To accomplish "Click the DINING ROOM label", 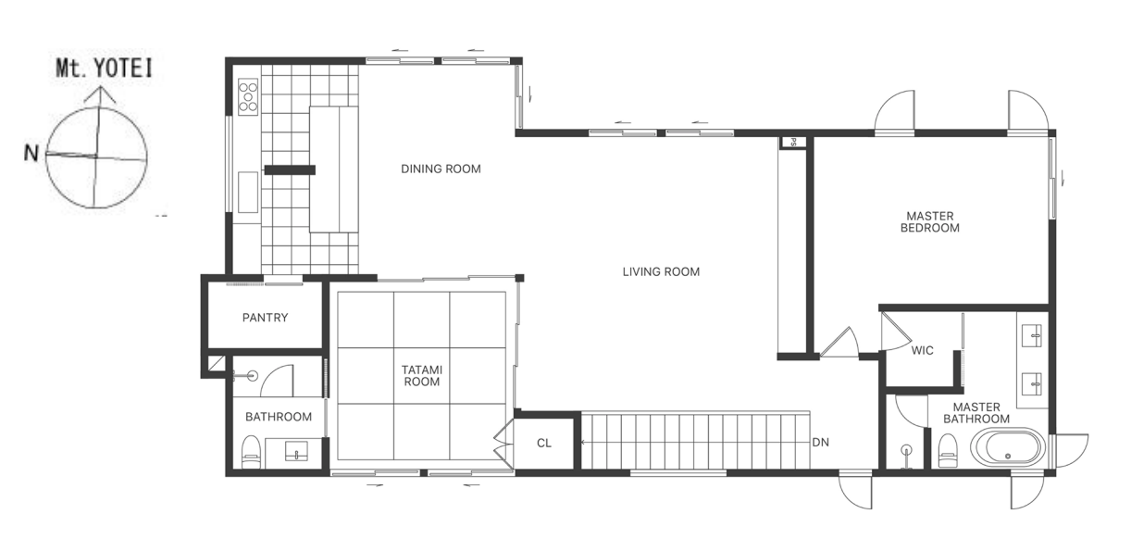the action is click(441, 169).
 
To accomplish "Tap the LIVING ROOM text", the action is click(661, 271).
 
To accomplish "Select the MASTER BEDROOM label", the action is click(930, 221).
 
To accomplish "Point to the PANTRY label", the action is click(265, 318).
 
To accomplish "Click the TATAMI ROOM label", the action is click(422, 376).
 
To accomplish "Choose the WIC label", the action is click(922, 350).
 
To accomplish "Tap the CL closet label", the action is click(544, 443).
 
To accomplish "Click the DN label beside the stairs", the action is click(820, 443).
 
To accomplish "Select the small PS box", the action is click(792, 142).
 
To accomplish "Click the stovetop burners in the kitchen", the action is click(248, 96).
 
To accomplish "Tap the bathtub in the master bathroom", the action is click(1008, 446).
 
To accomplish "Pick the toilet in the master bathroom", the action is click(947, 450).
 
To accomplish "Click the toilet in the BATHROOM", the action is click(251, 452).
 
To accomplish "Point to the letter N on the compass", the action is click(31, 153).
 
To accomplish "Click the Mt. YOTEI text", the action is click(104, 69).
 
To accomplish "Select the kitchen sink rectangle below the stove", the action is click(248, 193).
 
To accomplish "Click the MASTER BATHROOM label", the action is click(976, 413).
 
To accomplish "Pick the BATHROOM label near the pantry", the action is click(279, 417).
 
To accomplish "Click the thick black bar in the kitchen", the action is click(290, 170).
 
